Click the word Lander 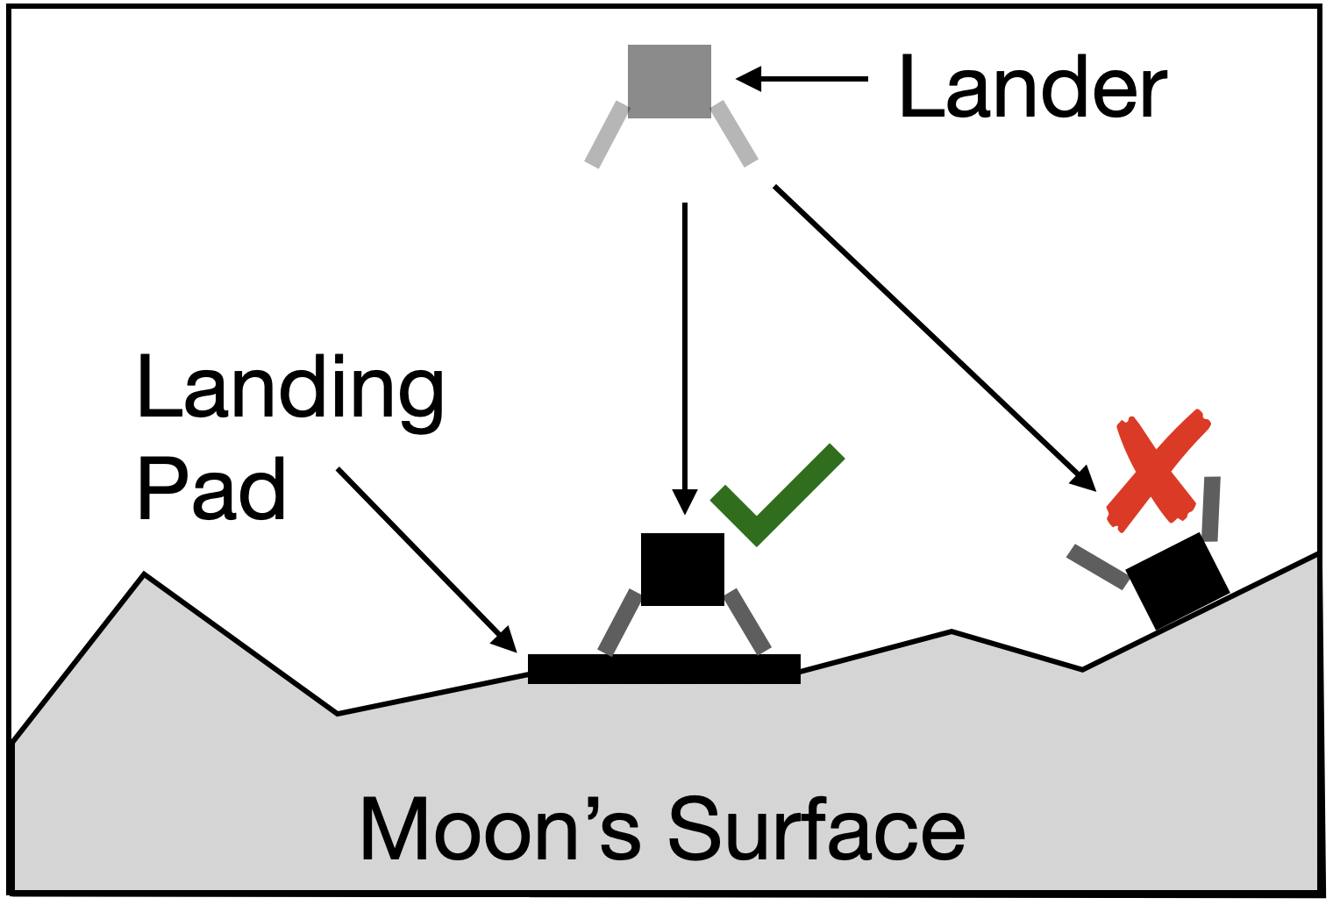[x=1032, y=87]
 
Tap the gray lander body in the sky [x=669, y=81]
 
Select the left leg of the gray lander [x=607, y=134]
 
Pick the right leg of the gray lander [x=734, y=133]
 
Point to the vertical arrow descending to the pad [x=684, y=351]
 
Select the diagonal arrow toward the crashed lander [x=930, y=333]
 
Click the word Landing [x=289, y=389]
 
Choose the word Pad [x=211, y=489]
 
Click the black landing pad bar [x=664, y=668]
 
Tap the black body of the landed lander [x=682, y=569]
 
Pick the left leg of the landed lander [x=619, y=623]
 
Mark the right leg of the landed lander [x=748, y=621]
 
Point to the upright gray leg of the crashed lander [x=1211, y=509]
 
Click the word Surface [x=816, y=830]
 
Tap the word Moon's [x=500, y=830]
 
